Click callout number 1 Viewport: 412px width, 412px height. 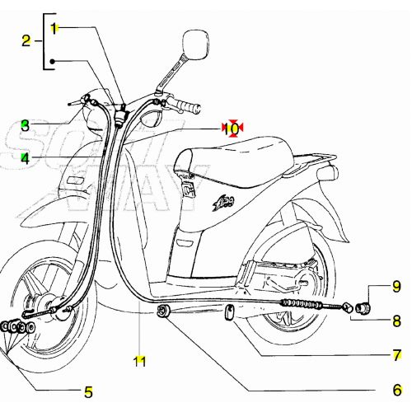point(54,28)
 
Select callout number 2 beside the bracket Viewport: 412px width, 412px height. point(26,40)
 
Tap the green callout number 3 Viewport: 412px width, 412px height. point(26,126)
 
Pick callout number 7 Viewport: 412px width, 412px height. point(396,355)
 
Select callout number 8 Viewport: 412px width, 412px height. point(396,321)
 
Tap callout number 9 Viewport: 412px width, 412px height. point(396,287)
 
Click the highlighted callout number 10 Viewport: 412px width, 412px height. point(232,128)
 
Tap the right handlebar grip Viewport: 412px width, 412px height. point(188,107)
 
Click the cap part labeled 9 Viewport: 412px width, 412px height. point(365,290)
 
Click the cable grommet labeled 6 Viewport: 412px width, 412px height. point(163,311)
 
